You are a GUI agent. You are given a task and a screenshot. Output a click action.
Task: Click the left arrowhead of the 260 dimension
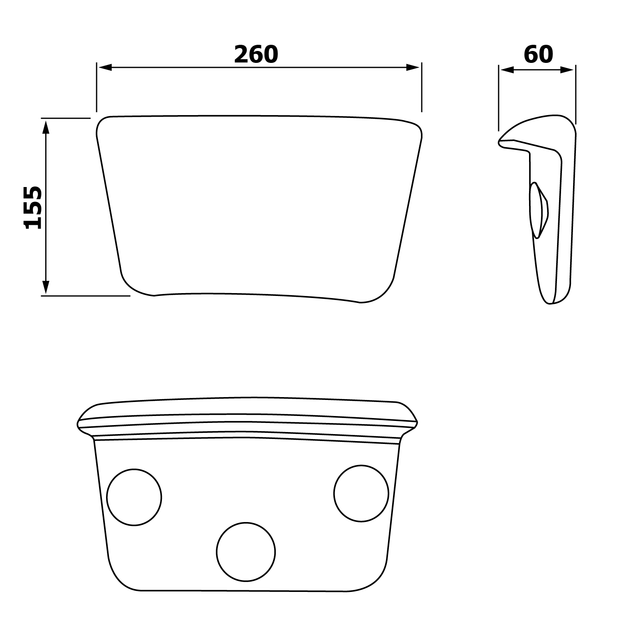(104, 67)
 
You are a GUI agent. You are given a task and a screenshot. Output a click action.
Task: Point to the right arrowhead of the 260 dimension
(413, 67)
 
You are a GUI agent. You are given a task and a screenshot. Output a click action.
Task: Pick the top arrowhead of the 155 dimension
(46, 126)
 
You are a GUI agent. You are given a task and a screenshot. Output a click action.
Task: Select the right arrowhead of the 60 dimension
(567, 70)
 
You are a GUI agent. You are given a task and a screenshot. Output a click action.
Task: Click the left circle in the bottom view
(134, 497)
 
